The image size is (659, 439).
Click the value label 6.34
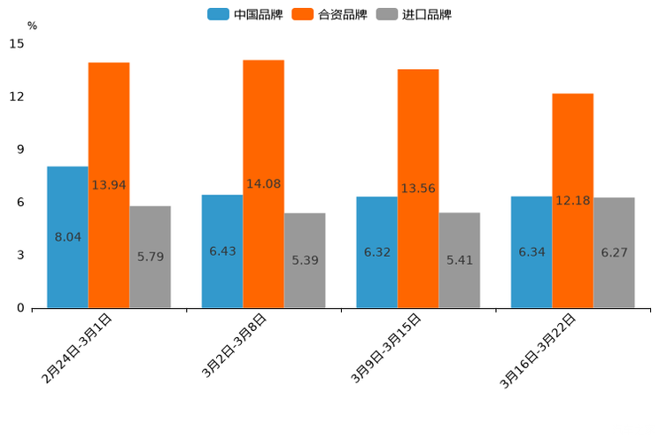click(531, 252)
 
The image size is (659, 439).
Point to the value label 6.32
click(377, 252)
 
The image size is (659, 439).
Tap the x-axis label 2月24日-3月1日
click(77, 348)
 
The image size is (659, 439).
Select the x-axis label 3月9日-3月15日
click(386, 348)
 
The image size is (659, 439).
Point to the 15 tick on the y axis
click(17, 42)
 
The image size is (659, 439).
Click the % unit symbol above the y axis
click(32, 26)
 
